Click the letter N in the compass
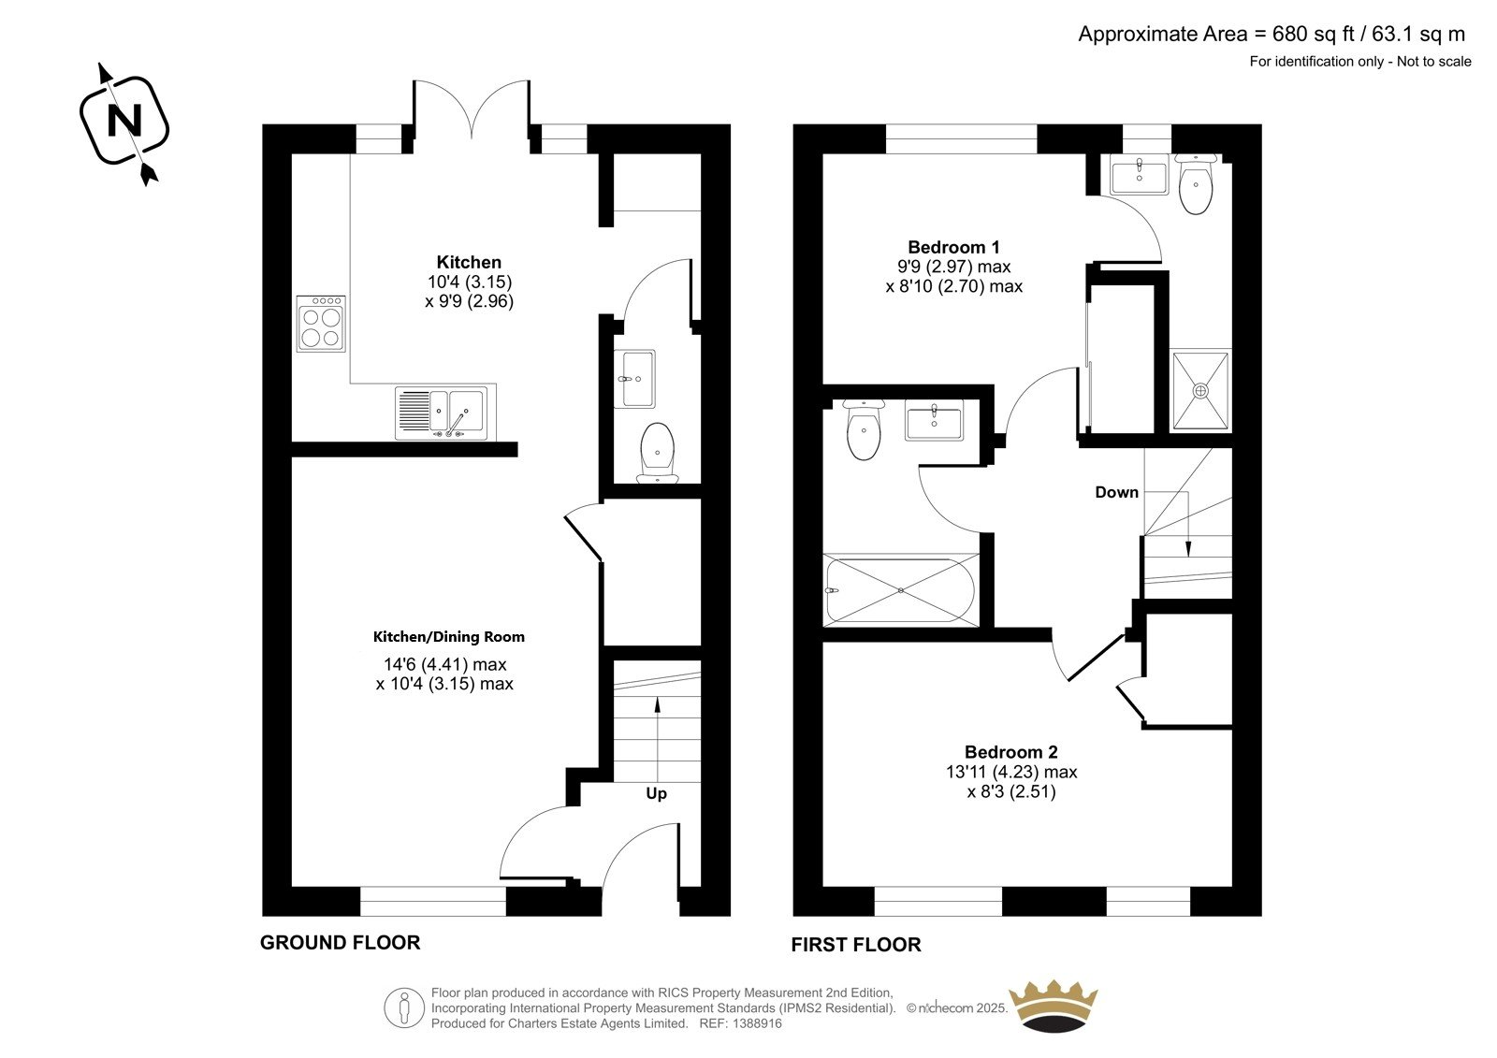point(125,121)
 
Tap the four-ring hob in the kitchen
point(321,324)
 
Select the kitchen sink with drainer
point(445,413)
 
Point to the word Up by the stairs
point(656,793)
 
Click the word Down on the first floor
point(1117,493)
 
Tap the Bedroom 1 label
point(953,247)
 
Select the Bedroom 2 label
point(1011,752)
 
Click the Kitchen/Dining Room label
point(448,637)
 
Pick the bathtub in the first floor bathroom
point(901,590)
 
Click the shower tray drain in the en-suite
point(1200,390)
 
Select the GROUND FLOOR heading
point(341,942)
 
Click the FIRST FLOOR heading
point(856,945)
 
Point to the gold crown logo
point(1054,1007)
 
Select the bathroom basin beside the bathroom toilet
point(935,420)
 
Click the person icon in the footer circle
point(403,1007)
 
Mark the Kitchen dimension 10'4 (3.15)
point(470,283)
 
